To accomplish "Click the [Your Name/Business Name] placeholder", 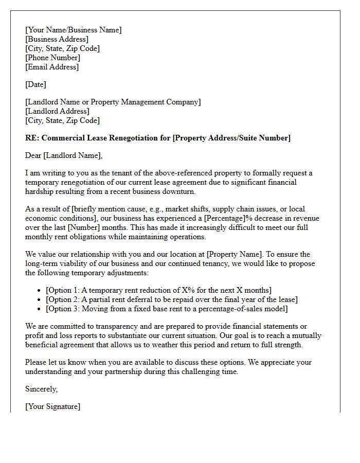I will (x=74, y=30).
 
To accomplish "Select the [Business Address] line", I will (x=57, y=39).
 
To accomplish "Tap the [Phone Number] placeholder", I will (x=52, y=58).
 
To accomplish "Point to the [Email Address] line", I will (x=52, y=67).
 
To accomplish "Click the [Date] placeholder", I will (x=35, y=84).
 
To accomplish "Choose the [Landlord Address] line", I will (x=57, y=111).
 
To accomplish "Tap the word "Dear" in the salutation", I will (x=33, y=155).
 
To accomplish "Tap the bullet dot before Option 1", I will (x=40, y=291).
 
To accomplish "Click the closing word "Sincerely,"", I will (x=41, y=389).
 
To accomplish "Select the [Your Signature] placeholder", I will (x=52, y=406).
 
